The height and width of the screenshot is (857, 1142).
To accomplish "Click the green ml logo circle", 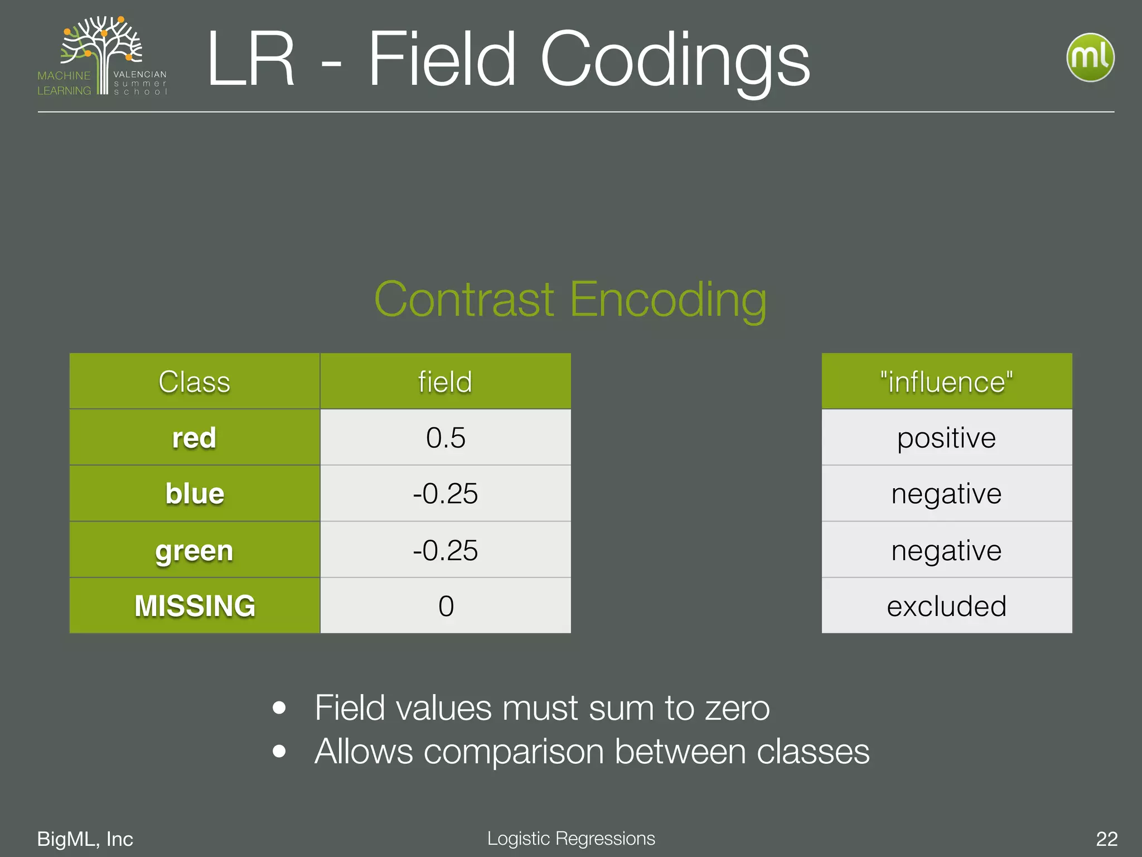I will click(x=1090, y=57).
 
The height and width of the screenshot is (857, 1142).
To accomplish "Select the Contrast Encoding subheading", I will click(x=570, y=300).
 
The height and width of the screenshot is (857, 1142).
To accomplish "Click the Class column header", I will click(x=194, y=382).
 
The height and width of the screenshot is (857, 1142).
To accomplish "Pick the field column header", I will click(x=445, y=382).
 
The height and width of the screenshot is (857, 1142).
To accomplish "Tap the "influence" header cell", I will click(x=946, y=382).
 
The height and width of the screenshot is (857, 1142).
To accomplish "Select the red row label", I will click(x=194, y=437).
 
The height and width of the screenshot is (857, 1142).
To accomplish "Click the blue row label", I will click(x=194, y=494).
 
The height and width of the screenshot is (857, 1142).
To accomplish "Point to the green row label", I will click(x=194, y=551).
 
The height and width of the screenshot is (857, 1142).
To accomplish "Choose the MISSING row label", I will click(x=194, y=606).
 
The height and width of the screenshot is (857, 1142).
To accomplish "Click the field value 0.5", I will click(x=445, y=437).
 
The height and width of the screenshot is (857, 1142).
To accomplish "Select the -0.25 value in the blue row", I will click(x=445, y=494).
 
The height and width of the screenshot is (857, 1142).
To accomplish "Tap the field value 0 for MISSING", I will click(x=446, y=606).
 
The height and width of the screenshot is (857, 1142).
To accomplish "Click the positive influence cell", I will click(x=946, y=437).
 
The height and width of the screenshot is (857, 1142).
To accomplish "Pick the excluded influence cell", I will click(x=946, y=606).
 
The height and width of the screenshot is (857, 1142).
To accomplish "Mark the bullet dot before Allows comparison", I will click(x=279, y=751).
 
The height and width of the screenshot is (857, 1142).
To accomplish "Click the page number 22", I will click(x=1106, y=839).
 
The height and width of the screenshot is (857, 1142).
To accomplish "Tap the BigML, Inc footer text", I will click(x=85, y=839).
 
